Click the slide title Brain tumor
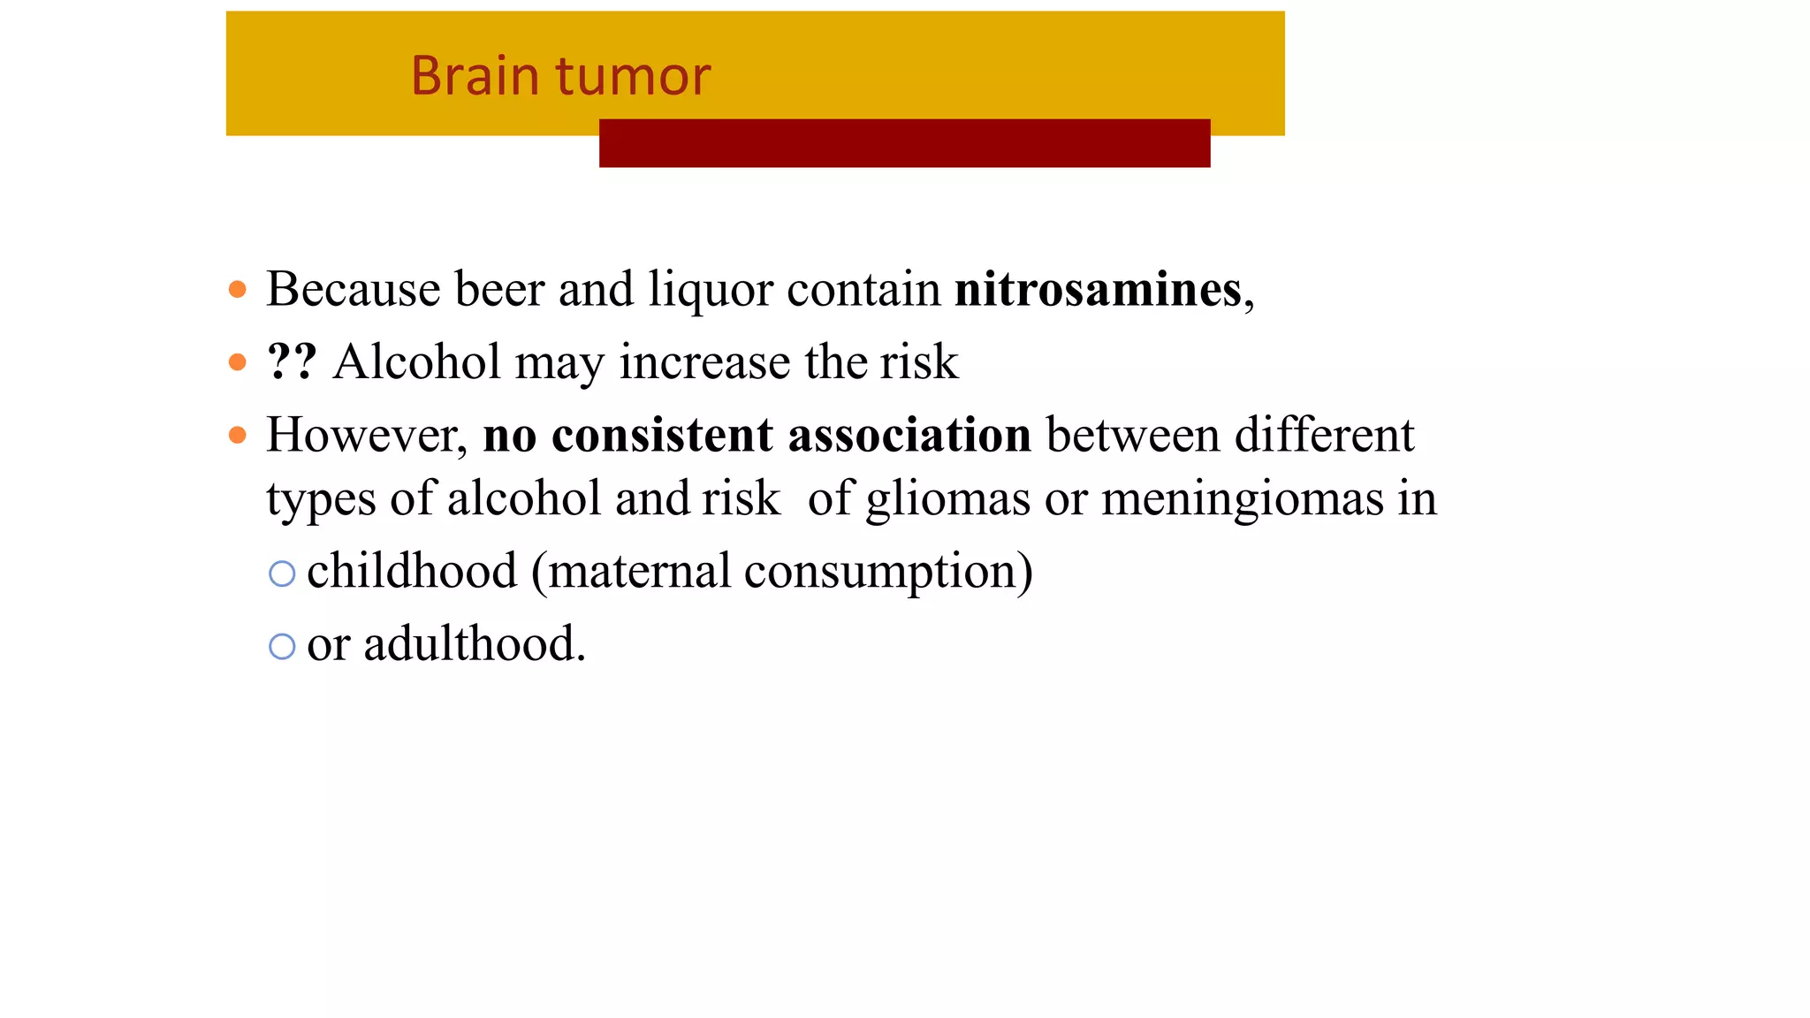point(560,76)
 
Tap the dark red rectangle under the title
point(904,144)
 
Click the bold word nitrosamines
point(1098,290)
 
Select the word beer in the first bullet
point(499,290)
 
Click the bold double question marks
point(292,362)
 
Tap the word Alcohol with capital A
point(416,362)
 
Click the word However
point(366,436)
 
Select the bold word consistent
point(662,436)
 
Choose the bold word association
point(909,436)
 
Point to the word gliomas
point(947,500)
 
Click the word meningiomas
point(1242,500)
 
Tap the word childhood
point(412,572)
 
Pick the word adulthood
point(474,644)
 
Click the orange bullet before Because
point(237,290)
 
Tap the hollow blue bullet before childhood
point(282,574)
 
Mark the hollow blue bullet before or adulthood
point(282,647)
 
